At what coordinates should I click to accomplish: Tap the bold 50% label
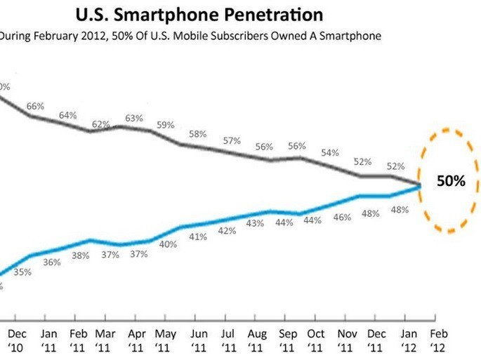click(x=451, y=180)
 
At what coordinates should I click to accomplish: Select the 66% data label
click(x=36, y=106)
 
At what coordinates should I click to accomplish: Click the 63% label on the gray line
click(x=134, y=117)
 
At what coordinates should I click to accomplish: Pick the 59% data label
click(x=165, y=125)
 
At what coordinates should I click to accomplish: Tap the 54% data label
click(x=330, y=152)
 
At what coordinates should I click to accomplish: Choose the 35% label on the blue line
click(x=22, y=272)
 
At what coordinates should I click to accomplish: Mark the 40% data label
click(x=167, y=244)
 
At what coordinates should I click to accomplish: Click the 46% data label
click(x=342, y=218)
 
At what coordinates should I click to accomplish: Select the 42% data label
click(x=226, y=231)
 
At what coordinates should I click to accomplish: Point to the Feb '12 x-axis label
click(x=438, y=340)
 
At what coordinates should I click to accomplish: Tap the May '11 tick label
click(x=165, y=340)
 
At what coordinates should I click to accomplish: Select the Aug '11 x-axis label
click(x=256, y=340)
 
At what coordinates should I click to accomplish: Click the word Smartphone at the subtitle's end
click(x=355, y=36)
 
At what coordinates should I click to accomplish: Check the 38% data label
click(x=80, y=256)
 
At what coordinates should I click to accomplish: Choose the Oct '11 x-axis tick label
click(x=317, y=340)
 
